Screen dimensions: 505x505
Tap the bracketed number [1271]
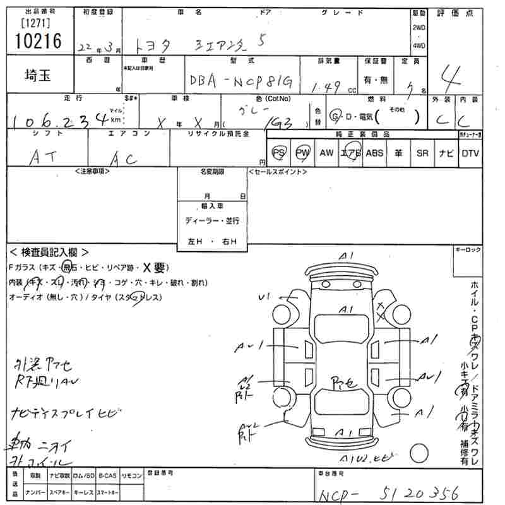pos(37,23)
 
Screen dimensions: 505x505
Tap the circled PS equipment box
pos(278,153)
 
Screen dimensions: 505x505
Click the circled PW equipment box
pos(302,153)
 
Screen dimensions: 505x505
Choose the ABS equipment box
pos(374,153)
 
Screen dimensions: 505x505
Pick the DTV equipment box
pos(470,153)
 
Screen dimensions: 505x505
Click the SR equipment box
pos(422,153)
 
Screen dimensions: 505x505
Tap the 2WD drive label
pos(418,28)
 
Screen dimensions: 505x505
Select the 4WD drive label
pos(418,45)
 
